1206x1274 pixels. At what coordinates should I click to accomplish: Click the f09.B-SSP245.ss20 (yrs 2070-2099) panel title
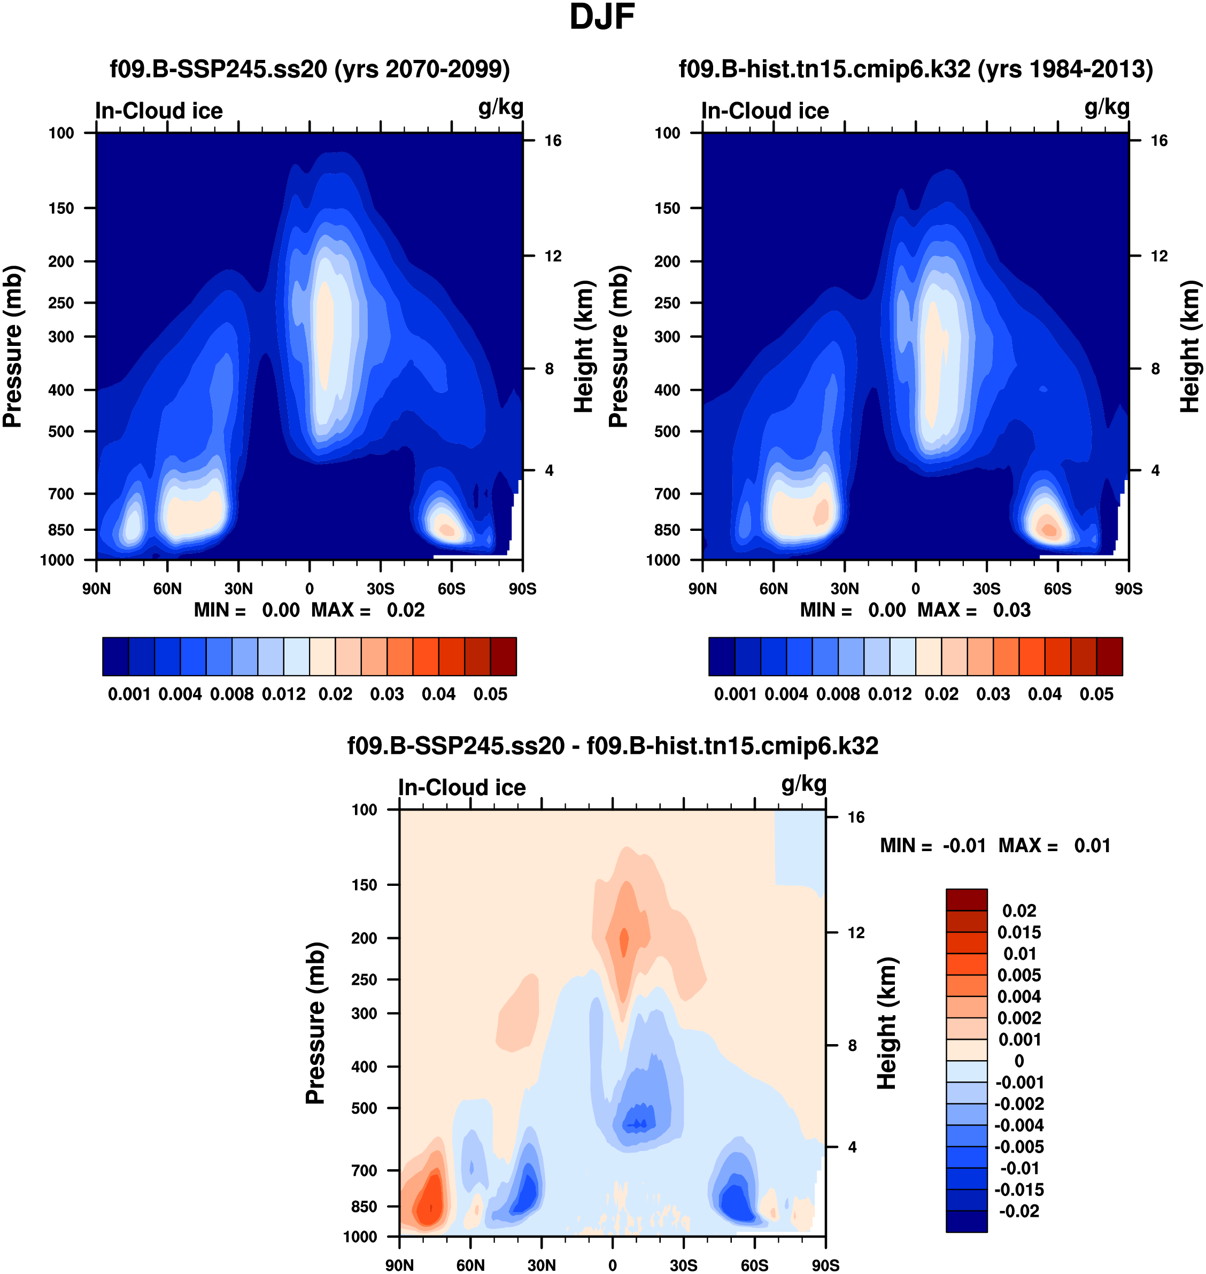[x=310, y=69]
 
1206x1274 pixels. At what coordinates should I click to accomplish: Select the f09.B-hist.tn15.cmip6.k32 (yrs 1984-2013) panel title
[x=915, y=69]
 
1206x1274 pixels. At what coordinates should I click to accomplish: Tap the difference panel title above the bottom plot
[x=613, y=746]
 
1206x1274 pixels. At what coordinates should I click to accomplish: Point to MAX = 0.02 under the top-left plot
[x=368, y=610]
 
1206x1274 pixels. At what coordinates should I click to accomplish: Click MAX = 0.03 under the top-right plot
[x=974, y=610]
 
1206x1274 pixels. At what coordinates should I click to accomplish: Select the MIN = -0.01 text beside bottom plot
[x=933, y=845]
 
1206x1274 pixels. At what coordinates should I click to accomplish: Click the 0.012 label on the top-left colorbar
[x=283, y=694]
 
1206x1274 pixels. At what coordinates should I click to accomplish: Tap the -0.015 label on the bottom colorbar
[x=1019, y=1189]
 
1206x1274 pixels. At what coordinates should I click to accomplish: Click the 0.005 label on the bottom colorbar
[x=1019, y=975]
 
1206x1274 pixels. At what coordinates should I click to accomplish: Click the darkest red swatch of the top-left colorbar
[x=504, y=657]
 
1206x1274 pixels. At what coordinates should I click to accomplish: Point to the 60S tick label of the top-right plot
[x=1057, y=589]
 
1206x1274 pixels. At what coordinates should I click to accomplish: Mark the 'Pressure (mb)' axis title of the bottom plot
[x=315, y=1023]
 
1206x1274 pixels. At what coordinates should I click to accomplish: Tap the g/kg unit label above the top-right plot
[x=1107, y=107]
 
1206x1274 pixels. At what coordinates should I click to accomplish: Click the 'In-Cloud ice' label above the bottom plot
[x=461, y=787]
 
